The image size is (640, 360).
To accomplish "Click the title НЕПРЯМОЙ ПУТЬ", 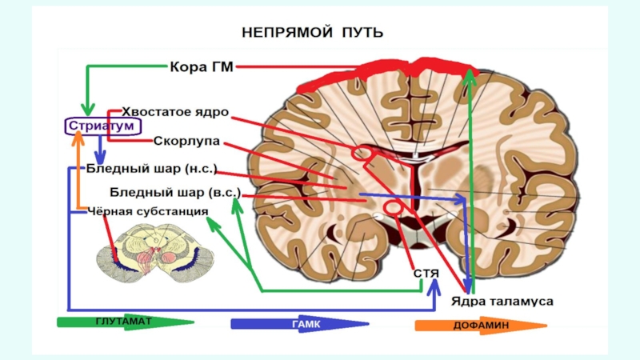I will pyautogui.click(x=312, y=34).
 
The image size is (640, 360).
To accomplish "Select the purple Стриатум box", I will pyautogui.click(x=102, y=126).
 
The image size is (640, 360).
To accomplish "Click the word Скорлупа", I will pyautogui.click(x=187, y=141).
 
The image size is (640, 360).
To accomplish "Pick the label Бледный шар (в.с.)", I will pyautogui.click(x=174, y=193).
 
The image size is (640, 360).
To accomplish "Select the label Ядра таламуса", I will pyautogui.click(x=502, y=302).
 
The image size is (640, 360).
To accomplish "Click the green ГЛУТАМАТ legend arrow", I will pyautogui.click(x=124, y=323).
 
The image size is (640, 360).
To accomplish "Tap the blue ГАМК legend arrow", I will pyautogui.click(x=300, y=324).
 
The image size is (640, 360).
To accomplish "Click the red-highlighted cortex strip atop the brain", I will pyautogui.click(x=384, y=77).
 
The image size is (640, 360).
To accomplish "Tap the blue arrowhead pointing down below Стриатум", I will pyautogui.click(x=99, y=157).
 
